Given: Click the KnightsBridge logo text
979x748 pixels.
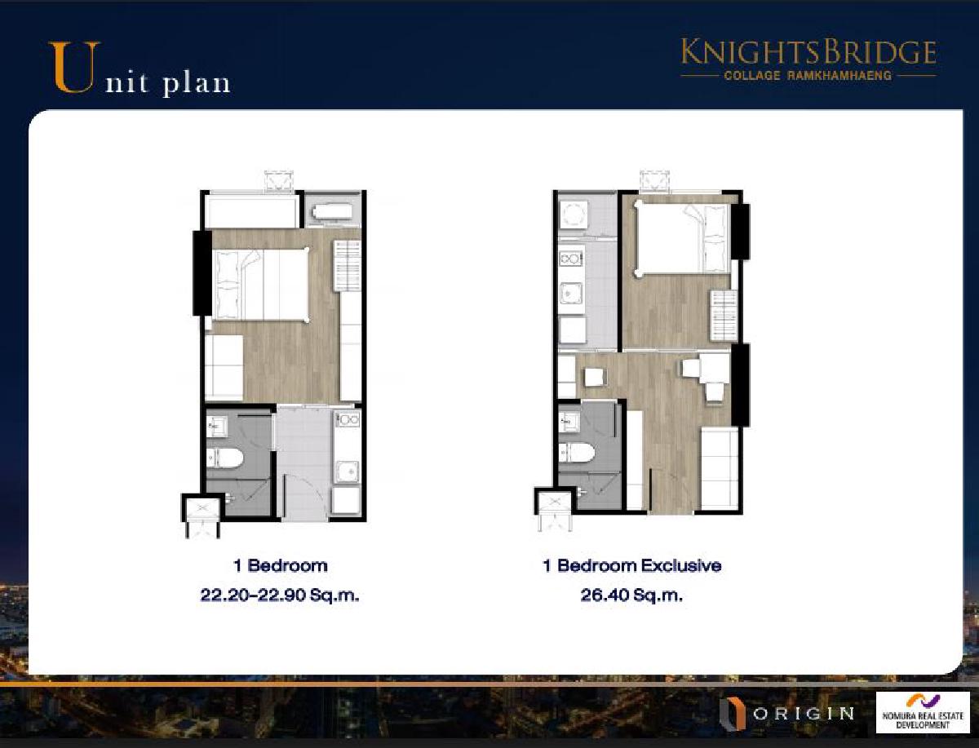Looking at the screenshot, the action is (x=808, y=53).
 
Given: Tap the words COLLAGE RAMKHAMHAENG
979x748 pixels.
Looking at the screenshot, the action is (x=808, y=75).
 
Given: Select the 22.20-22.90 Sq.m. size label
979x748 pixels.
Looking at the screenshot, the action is (x=280, y=595).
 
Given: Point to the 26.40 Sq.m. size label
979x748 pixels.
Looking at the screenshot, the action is (x=631, y=595).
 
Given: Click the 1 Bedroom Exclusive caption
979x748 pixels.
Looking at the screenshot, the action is (x=632, y=565).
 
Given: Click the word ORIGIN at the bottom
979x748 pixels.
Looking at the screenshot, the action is (x=804, y=714).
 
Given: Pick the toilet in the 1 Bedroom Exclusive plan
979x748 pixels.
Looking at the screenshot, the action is (x=577, y=453).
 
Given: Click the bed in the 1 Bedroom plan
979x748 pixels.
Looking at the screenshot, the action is (x=260, y=284).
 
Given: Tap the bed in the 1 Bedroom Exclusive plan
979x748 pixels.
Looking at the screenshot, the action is (x=682, y=237).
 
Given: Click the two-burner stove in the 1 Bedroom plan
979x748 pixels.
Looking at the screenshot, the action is (x=347, y=419).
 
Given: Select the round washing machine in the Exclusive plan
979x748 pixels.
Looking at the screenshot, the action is (x=574, y=215).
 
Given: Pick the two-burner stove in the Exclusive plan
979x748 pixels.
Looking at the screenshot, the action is (x=571, y=259).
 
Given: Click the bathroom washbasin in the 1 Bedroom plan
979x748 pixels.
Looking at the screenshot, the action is (x=216, y=425).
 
